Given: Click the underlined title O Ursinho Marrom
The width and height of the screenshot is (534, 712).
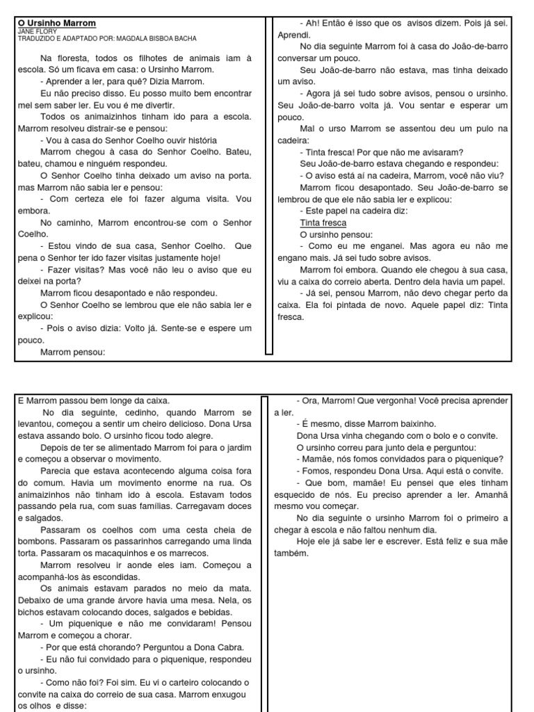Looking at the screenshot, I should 57,24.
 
